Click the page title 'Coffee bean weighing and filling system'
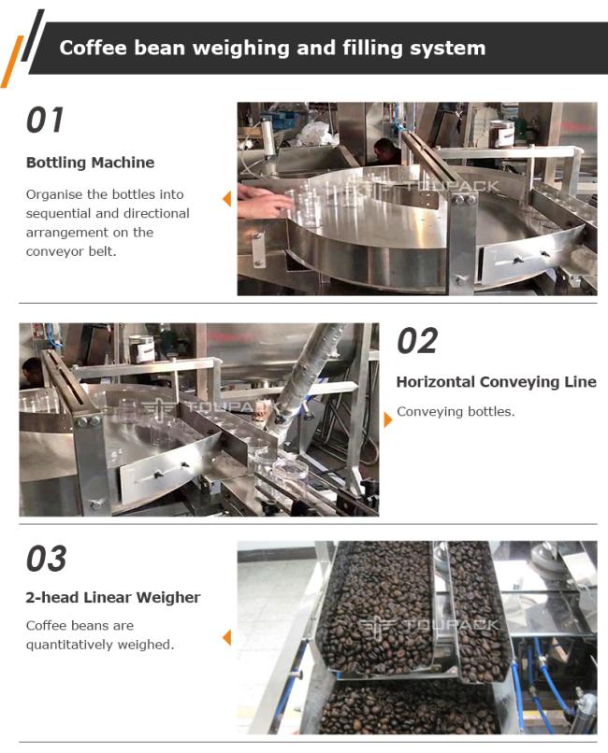(272, 48)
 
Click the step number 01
(45, 121)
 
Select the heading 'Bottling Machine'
(91, 163)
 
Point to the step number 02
(417, 341)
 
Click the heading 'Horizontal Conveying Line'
(496, 382)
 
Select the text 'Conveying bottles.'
(456, 412)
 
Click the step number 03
(46, 559)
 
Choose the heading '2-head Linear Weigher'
(113, 597)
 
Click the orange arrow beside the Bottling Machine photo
(227, 199)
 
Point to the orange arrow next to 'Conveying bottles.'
(388, 419)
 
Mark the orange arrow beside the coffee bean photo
(227, 638)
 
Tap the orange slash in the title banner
(11, 62)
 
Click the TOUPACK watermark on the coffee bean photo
(428, 624)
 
